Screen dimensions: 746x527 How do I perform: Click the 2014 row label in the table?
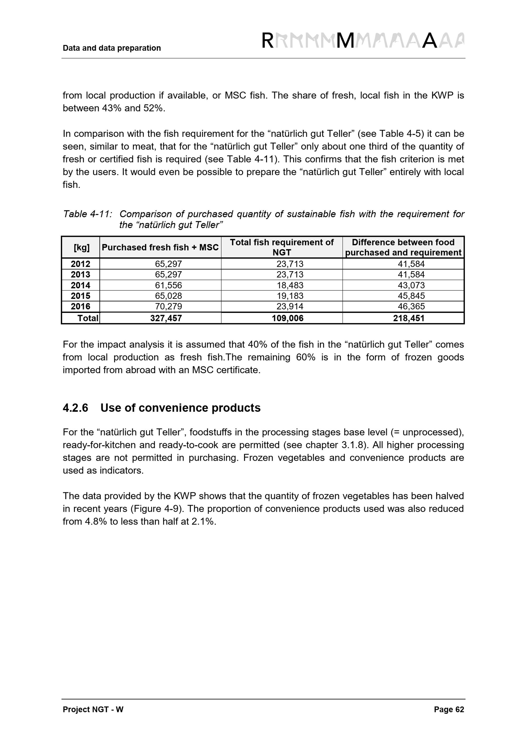[x=80, y=285]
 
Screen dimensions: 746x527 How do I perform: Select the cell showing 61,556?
[x=168, y=285]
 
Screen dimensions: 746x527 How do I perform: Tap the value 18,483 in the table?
[x=290, y=285]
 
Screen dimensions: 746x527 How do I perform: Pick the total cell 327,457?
[x=166, y=318]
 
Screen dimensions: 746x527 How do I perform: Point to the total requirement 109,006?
[x=287, y=318]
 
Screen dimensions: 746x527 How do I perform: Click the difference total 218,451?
[x=408, y=318]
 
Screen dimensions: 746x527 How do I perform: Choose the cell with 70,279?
[x=168, y=307]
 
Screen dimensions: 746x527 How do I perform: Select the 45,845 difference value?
[x=411, y=296]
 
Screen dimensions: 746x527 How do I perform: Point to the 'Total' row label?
[x=88, y=318]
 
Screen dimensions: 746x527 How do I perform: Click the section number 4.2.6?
[x=75, y=408]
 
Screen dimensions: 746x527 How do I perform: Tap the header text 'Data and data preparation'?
[x=112, y=48]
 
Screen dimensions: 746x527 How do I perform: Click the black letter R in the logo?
[x=267, y=41]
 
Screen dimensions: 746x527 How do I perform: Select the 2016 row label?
[x=80, y=307]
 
